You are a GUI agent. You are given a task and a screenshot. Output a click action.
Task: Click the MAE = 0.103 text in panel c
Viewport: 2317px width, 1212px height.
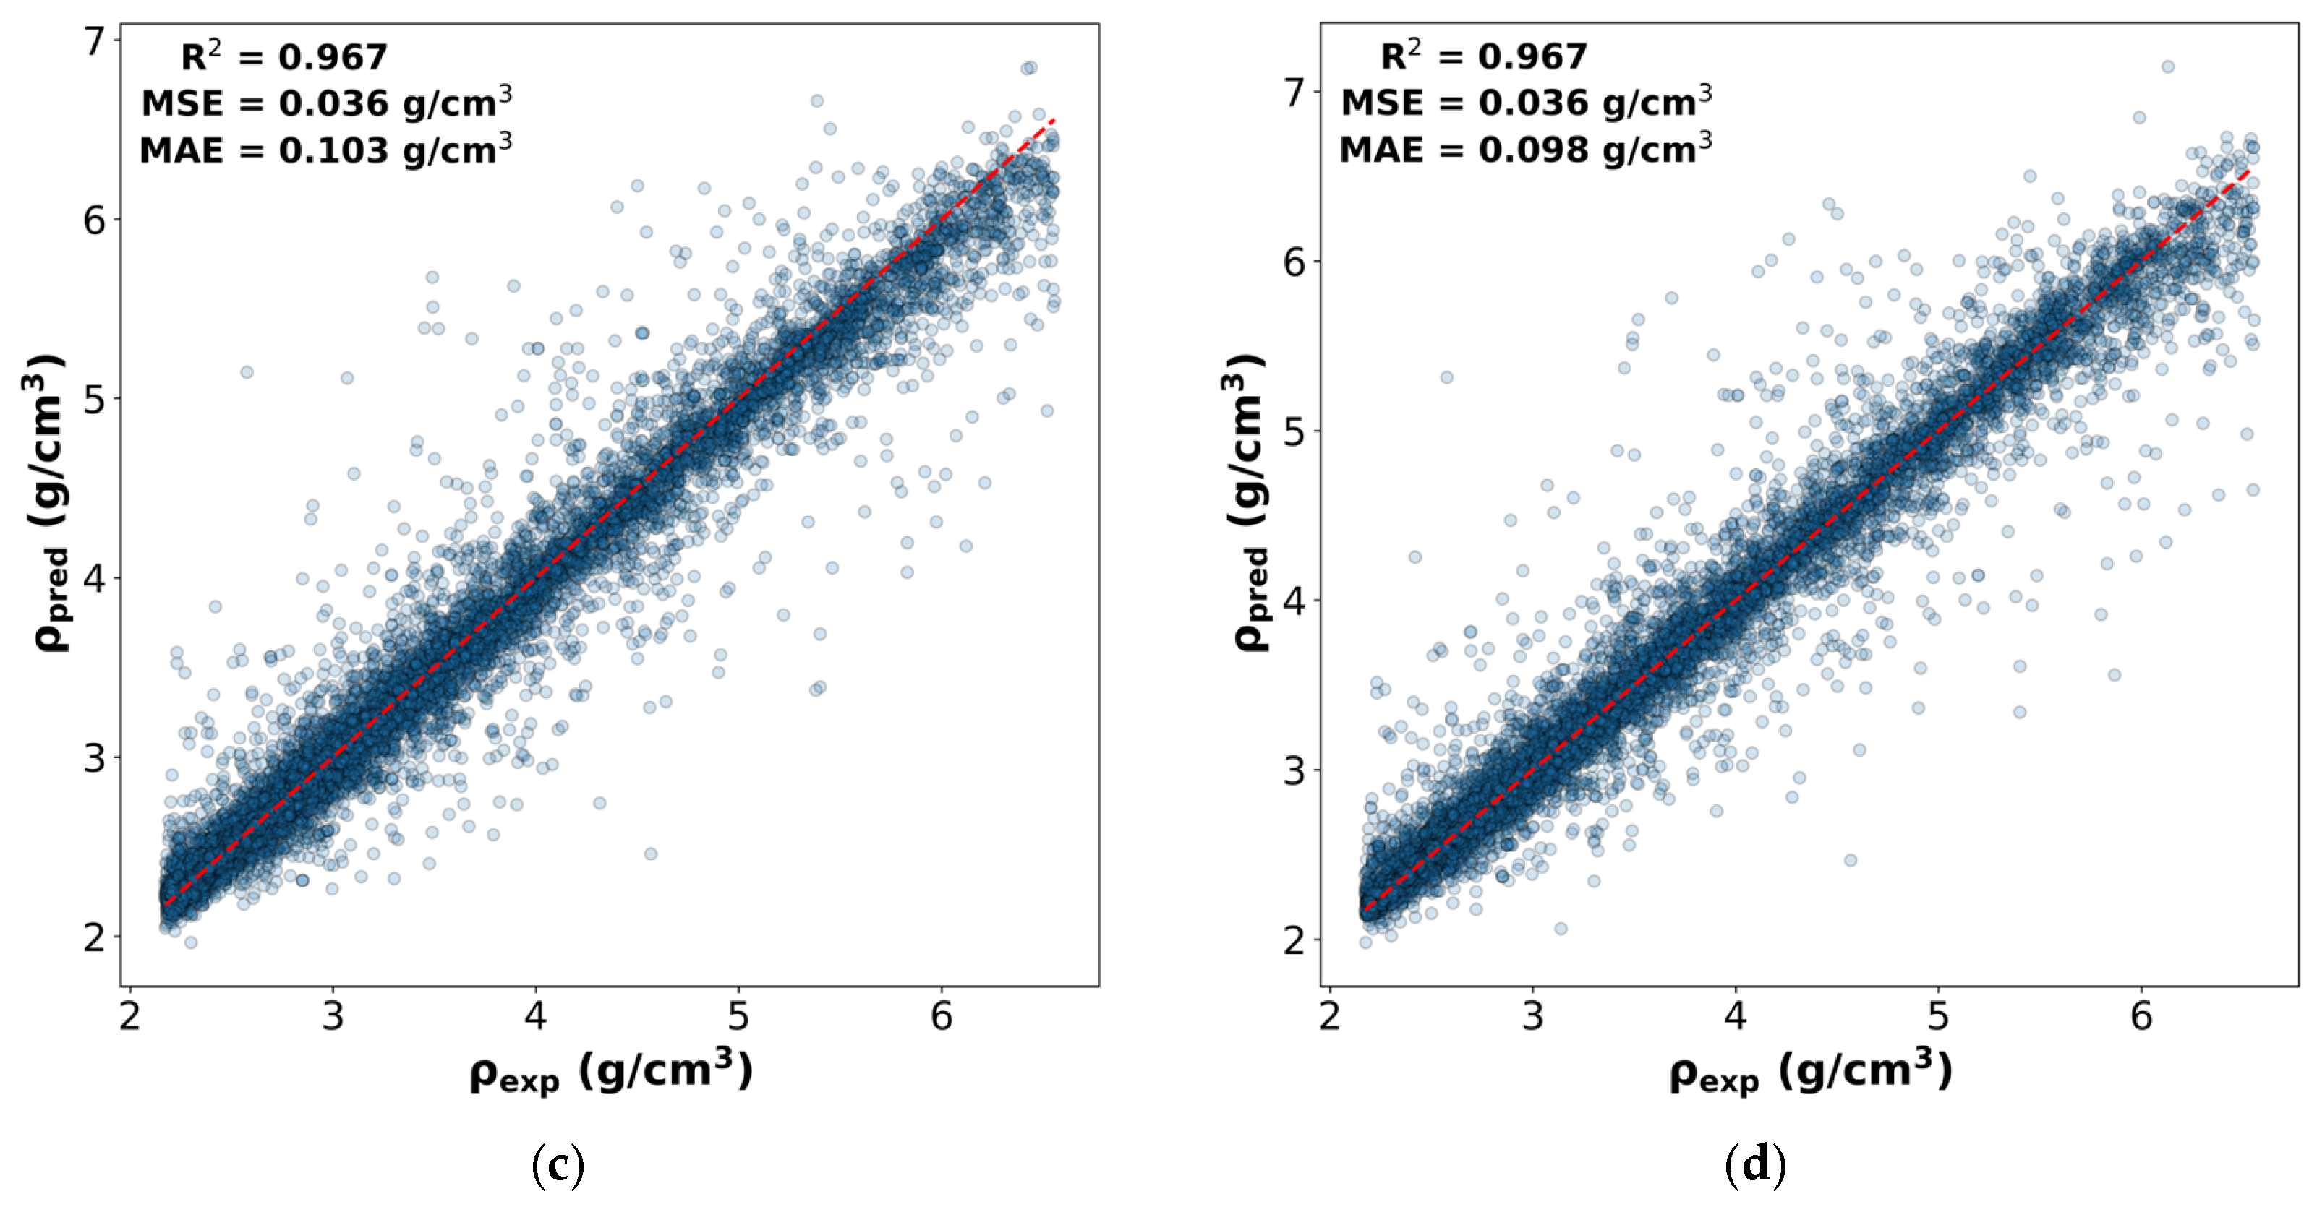[325, 150]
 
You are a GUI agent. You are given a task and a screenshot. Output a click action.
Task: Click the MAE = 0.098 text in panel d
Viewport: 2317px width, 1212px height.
[1525, 148]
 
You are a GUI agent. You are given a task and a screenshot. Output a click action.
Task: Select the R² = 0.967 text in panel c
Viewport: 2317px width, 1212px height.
[284, 58]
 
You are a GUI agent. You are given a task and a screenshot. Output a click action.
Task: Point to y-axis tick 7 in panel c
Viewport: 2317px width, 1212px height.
[95, 41]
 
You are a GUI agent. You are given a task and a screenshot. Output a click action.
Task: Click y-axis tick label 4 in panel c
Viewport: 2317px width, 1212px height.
[95, 578]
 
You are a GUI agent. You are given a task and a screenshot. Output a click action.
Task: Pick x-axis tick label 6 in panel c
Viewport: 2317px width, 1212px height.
[941, 1016]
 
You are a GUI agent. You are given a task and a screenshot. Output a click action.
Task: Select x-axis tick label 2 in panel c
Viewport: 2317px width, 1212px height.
[130, 1016]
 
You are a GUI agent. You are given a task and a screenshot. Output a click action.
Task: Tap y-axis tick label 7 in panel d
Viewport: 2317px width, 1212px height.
[1294, 92]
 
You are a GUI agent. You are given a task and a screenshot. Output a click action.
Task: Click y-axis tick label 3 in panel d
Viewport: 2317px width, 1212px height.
[1294, 770]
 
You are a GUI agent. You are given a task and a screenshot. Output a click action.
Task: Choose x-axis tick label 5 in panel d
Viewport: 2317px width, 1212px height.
[1938, 1016]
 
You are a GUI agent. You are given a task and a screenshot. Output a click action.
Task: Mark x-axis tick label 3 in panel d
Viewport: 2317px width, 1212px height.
[1532, 1016]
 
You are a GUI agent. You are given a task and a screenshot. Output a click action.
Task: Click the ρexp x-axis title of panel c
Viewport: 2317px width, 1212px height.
[611, 1072]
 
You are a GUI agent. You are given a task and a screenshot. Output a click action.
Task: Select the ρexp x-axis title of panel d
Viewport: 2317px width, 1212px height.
[1811, 1072]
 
